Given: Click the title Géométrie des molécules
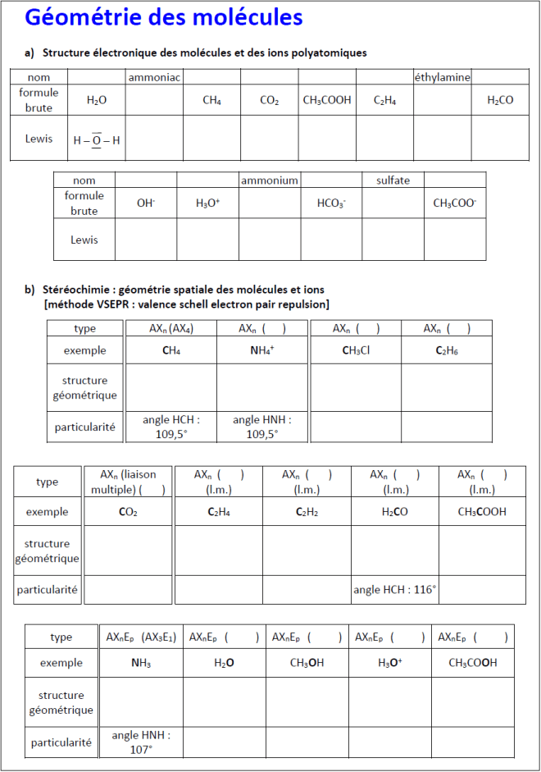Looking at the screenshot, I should pos(164,17).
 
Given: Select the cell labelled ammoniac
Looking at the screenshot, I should pos(154,77).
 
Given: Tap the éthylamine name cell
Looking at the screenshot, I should pos(442,77).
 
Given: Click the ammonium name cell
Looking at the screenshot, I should pos(270,180).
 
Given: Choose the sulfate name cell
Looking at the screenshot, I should pos(393,180).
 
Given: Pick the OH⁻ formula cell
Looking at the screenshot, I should pos(146,203).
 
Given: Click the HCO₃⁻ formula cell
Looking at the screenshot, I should pos(331,203).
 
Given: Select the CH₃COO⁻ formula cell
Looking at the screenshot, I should pos(455,203).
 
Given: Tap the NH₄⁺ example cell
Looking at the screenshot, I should pos(262,351).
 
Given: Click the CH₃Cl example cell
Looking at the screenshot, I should pos(357,351).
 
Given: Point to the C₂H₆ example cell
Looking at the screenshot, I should pos(447,351).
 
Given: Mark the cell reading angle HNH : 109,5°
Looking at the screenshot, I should pos(262,427).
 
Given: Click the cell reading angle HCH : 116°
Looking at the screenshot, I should pos(395,589).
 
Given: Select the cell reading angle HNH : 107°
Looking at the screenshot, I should pos(141,742).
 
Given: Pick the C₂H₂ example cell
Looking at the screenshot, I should pos(307,512).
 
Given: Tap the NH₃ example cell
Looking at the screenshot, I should pos(141,663).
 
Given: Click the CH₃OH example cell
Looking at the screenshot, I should pos(307,663).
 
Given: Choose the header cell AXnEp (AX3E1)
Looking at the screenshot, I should pos(141,637).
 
